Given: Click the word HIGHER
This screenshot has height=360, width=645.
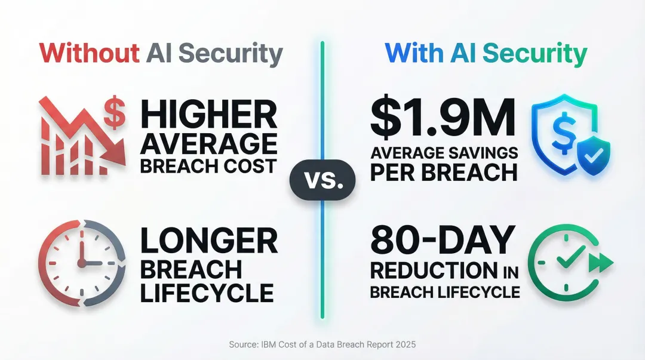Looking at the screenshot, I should [208, 115].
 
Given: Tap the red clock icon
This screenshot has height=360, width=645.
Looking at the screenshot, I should [81, 263].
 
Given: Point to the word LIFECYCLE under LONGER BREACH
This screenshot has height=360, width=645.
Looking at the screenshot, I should [207, 293].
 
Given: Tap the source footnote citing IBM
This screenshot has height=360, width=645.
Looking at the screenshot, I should [322, 344].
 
